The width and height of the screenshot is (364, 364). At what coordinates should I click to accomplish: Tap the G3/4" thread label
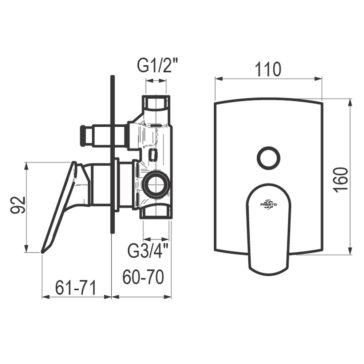(148, 250)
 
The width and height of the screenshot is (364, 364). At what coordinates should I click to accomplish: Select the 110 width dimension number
(268, 69)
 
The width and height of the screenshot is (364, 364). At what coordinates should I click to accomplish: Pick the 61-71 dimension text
(76, 288)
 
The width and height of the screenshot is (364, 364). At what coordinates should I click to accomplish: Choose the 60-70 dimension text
(143, 277)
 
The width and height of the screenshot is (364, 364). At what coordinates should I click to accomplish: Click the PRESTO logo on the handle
(268, 205)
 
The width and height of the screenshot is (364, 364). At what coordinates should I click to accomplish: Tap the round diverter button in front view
(268, 158)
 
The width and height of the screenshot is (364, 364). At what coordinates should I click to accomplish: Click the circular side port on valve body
(156, 182)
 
